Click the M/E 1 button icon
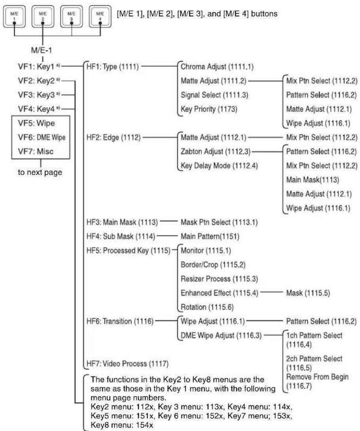coord(14,17)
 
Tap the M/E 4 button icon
coord(100,17)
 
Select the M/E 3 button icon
coord(72,17)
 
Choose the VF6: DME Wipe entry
coord(42,137)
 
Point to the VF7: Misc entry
coord(36,152)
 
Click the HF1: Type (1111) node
coord(113,66)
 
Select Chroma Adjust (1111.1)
coord(217,66)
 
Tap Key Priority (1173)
coord(209,109)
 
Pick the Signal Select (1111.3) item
coord(214,95)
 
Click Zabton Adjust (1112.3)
coord(216,152)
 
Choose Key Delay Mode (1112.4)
coord(219,166)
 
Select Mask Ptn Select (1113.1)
coord(219,222)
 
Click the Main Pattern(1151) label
coord(210,236)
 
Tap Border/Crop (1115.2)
coord(213,265)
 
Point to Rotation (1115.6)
coord(207,307)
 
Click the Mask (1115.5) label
coord(308,293)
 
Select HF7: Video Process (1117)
coord(127,364)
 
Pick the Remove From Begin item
coord(317,377)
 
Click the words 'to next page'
coord(40,172)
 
